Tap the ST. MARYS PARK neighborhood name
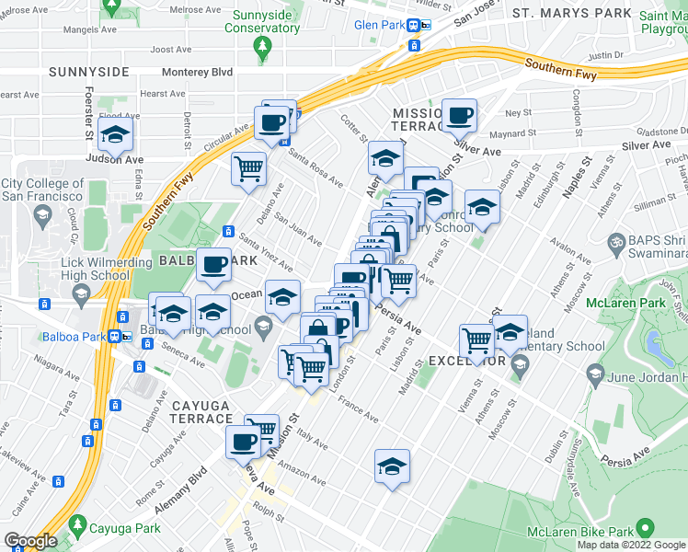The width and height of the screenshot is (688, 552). pyautogui.click(x=572, y=13)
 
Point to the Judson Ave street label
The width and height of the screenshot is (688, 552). pyautogui.click(x=116, y=158)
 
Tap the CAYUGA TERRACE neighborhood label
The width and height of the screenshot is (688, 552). pyautogui.click(x=204, y=410)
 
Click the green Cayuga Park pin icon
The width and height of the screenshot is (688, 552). pyautogui.click(x=77, y=528)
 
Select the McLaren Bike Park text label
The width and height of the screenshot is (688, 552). pyautogui.click(x=579, y=532)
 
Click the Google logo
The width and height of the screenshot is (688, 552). pyautogui.click(x=30, y=541)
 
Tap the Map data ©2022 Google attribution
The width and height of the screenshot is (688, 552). pyautogui.click(x=632, y=545)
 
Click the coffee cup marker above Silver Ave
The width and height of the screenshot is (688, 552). pyautogui.click(x=460, y=116)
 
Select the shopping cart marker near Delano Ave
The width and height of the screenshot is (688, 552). pyautogui.click(x=248, y=169)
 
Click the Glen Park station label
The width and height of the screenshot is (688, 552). pyautogui.click(x=381, y=25)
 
